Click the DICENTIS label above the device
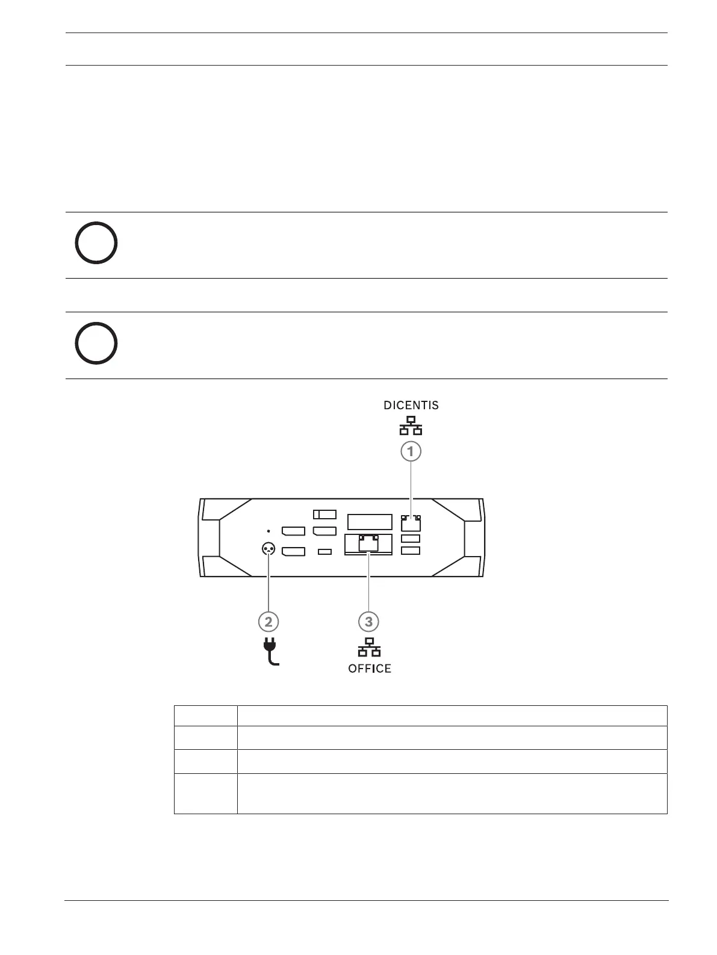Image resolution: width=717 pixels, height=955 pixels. tap(411, 406)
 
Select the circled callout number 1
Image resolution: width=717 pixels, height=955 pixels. tap(411, 451)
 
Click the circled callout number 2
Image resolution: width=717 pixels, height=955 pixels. tap(268, 621)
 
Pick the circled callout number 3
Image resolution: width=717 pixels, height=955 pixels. tap(369, 621)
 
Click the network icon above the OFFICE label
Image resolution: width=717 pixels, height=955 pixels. tap(369, 647)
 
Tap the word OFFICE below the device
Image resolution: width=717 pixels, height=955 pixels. tap(370, 669)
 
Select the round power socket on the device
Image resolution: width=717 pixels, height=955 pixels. tap(268, 549)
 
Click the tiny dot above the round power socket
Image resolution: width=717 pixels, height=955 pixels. tap(268, 531)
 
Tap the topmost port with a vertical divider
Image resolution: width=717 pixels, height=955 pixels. tap(324, 514)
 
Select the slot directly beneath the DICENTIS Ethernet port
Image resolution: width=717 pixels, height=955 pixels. tap(411, 539)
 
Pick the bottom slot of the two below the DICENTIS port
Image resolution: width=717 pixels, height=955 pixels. tap(411, 551)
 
